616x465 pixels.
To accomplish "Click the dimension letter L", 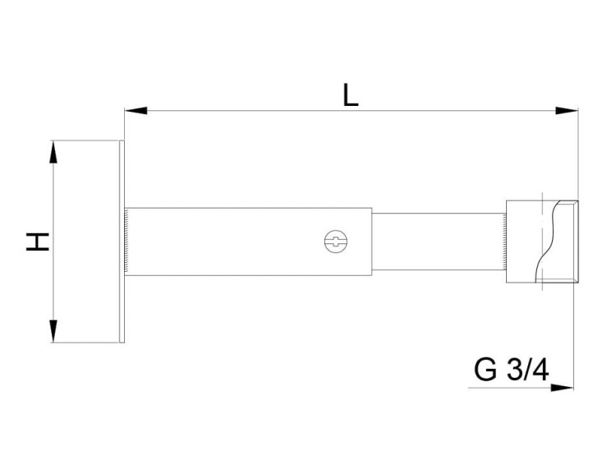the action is [x=351, y=94].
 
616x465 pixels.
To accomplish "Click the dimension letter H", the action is [x=38, y=242].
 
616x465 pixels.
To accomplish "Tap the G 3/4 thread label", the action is [x=512, y=370].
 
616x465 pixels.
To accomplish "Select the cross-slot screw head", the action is [x=336, y=242].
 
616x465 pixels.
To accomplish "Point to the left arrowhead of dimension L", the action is [x=136, y=110].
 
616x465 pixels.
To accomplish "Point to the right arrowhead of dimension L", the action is [x=567, y=110].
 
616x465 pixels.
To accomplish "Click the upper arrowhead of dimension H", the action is [x=53, y=152].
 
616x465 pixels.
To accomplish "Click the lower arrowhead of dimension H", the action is [x=53, y=331].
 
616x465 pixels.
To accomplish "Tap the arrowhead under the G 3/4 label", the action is [x=562, y=388].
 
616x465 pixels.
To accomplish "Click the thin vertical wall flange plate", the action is [x=122, y=242].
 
